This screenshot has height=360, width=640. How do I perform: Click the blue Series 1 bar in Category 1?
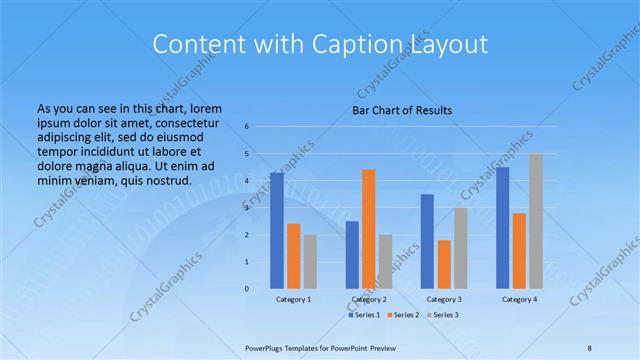tap(277, 230)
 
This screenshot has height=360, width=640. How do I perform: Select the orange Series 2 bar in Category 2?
tap(369, 229)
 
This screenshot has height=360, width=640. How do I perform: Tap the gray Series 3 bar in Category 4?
tap(536, 221)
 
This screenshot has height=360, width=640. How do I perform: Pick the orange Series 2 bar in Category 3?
tap(444, 264)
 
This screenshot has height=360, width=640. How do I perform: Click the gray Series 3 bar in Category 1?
tap(311, 261)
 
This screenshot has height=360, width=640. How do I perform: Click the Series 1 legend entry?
tap(365, 315)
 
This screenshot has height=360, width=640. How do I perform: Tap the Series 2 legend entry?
tap(405, 315)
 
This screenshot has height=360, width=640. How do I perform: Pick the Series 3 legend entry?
tap(444, 315)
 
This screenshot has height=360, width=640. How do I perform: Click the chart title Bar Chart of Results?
tap(402, 110)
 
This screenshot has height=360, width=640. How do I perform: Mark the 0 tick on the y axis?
tap(247, 289)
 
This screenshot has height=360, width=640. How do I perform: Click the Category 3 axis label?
tap(444, 299)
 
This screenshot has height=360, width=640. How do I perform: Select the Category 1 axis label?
tap(294, 299)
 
